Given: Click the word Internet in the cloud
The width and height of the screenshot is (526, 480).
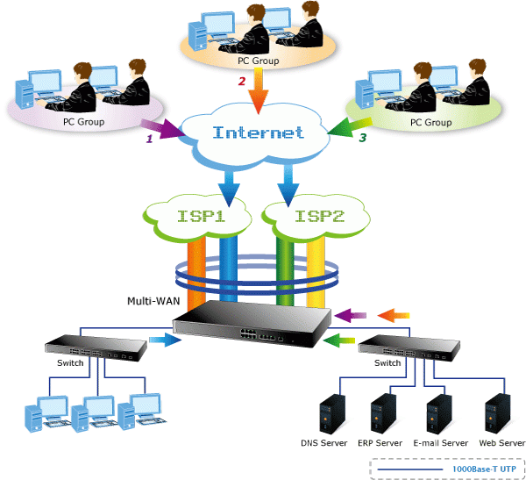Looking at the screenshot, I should pos(259,133).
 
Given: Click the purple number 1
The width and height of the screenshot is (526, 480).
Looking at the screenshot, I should pos(149,139).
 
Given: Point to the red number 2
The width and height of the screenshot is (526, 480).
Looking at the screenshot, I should pos(242,82).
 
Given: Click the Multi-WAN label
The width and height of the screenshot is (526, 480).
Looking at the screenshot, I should pos(153,300).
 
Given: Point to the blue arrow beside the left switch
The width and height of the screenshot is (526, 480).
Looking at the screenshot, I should pos(162,340).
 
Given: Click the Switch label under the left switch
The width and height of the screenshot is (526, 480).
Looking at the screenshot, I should pos(70,362).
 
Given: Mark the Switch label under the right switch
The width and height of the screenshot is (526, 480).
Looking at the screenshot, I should pos(387,362).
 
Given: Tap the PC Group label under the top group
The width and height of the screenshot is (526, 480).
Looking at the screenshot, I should pos(259,61).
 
